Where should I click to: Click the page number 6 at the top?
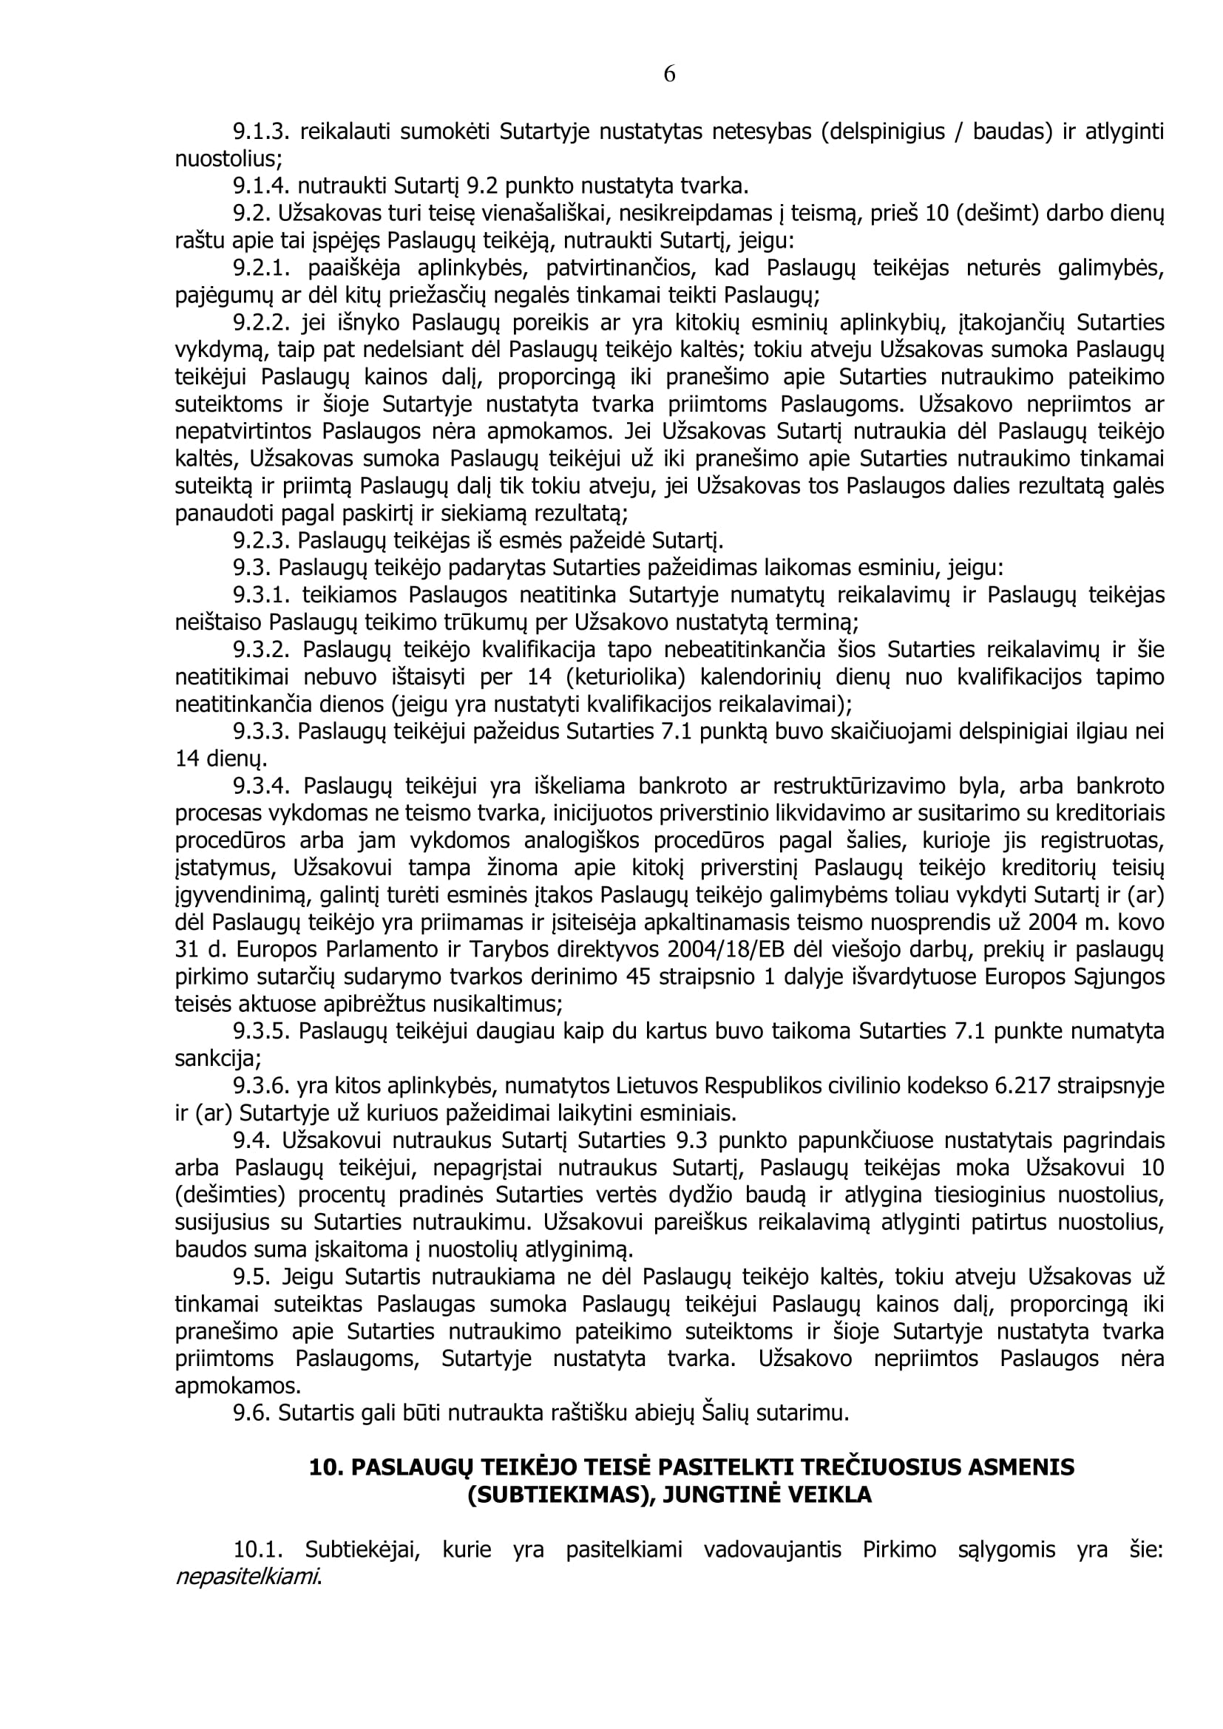(x=669, y=75)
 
